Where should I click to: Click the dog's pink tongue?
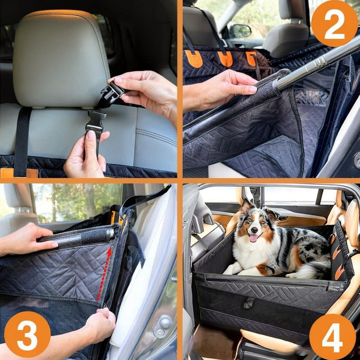(254, 238)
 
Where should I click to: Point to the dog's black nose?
(254, 230)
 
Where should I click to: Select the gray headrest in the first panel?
(61, 58)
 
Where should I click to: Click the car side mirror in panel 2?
(240, 31)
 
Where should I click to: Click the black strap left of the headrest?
(22, 142)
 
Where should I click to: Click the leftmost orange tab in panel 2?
(194, 59)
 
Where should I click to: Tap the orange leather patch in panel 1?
(19, 173)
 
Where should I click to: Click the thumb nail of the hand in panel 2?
(253, 89)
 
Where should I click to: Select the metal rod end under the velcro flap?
(111, 234)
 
